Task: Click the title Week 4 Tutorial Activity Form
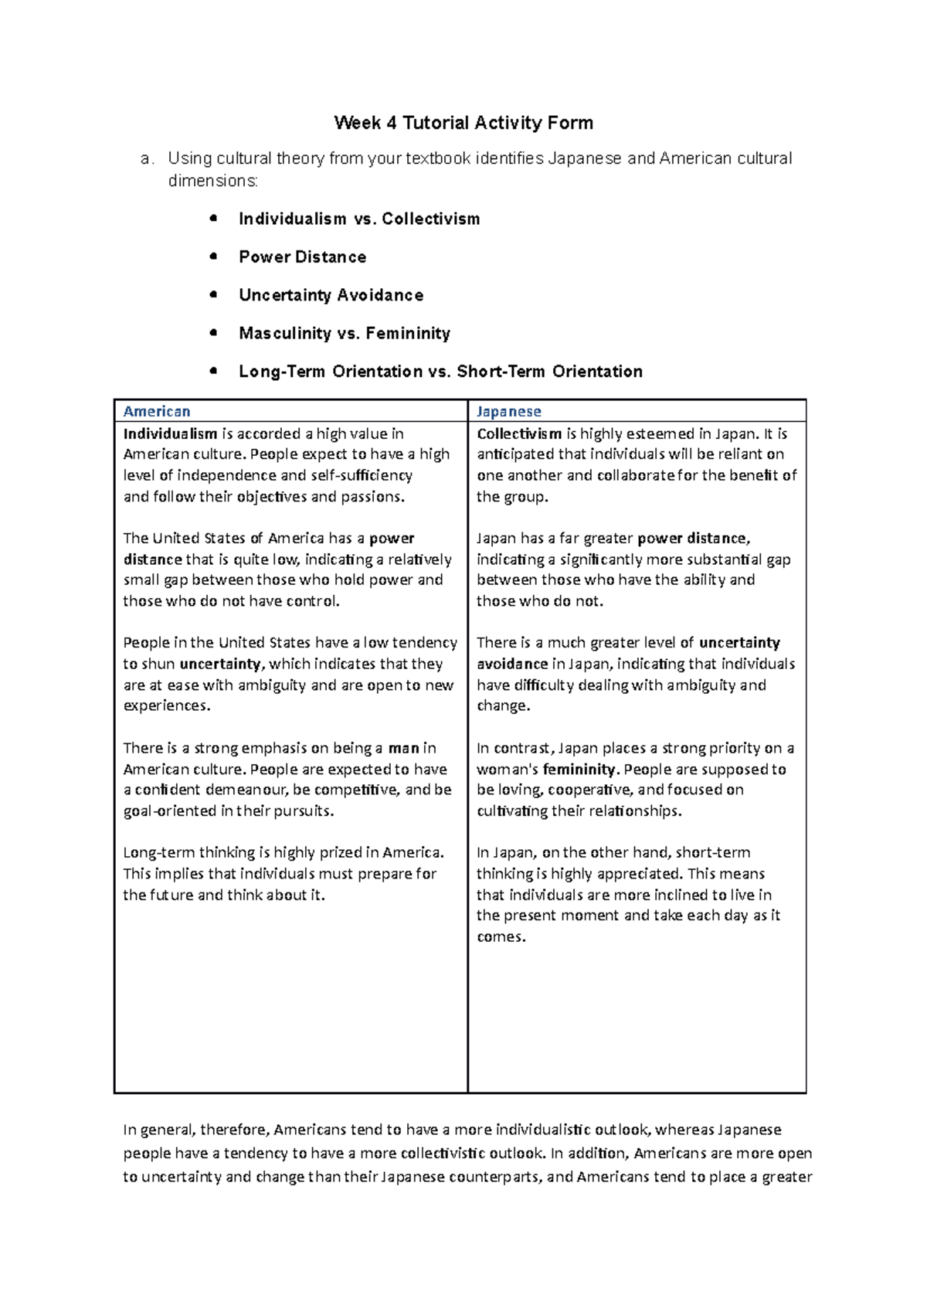click(463, 123)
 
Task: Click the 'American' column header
click(157, 411)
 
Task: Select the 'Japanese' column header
click(508, 411)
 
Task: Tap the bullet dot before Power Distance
click(213, 257)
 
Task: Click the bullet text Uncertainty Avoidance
click(331, 295)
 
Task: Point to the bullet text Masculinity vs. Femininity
click(344, 333)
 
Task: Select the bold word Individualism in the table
click(170, 433)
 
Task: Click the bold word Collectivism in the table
click(519, 433)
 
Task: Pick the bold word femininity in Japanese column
click(579, 770)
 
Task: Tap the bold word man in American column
click(403, 748)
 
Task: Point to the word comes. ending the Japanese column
click(501, 937)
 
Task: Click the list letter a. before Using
click(148, 159)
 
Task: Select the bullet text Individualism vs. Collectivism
click(359, 219)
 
